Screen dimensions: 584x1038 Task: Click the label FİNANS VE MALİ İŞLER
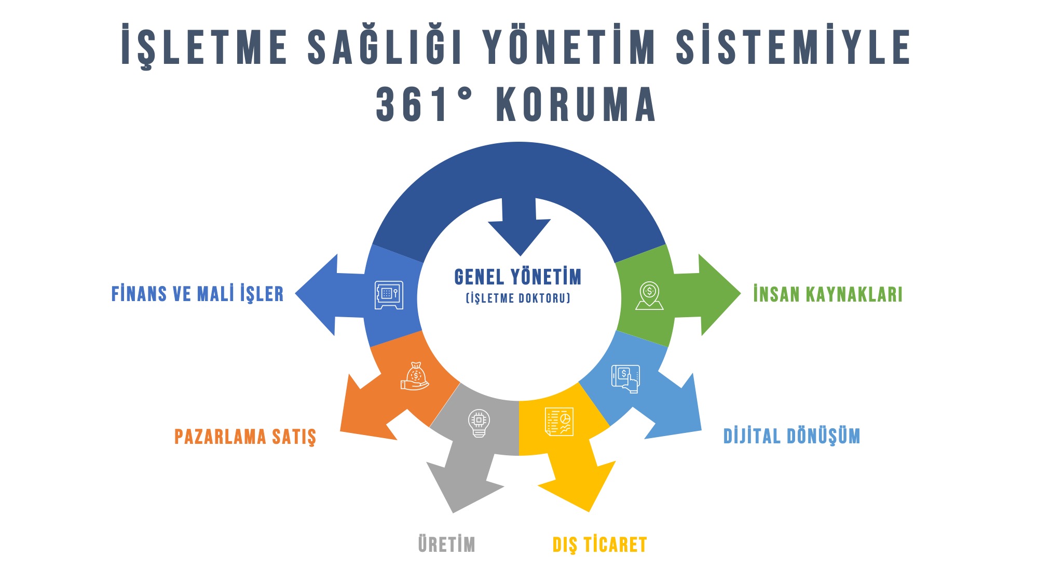pos(197,294)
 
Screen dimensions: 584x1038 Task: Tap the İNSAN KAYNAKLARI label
pos(827,294)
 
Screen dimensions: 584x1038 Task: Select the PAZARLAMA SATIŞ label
pos(245,437)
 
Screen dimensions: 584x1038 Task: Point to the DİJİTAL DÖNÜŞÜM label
pos(791,436)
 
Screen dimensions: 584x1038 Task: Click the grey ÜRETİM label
pos(446,545)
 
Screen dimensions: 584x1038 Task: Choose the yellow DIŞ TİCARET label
pos(599,545)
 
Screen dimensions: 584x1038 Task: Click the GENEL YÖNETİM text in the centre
pos(517,277)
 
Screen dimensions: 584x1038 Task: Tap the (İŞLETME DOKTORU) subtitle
pos(518,298)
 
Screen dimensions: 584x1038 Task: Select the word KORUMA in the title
pos(576,105)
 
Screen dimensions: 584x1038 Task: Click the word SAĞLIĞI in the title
pos(385,47)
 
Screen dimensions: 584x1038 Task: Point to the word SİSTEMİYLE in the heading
pos(793,47)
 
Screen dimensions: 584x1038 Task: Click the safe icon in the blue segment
pos(389,295)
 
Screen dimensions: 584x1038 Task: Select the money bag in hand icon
pos(415,376)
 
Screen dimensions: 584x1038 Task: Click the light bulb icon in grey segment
pos(479,423)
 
